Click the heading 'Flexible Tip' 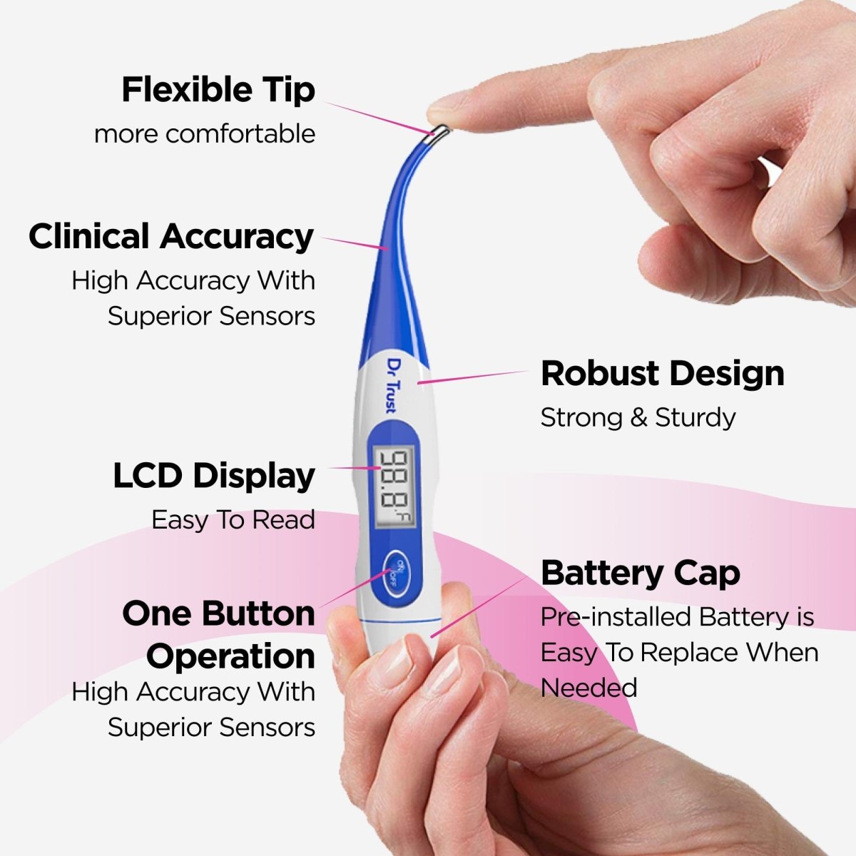tap(218, 91)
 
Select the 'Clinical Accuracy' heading tap(171, 237)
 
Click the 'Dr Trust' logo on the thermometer tap(392, 385)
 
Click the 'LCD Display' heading tap(214, 477)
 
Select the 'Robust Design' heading tap(662, 374)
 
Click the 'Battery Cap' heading tap(640, 574)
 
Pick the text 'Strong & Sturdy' tap(638, 417)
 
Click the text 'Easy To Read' tap(233, 520)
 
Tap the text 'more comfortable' tap(205, 134)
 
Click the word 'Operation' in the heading tap(230, 656)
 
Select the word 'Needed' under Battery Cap tap(588, 688)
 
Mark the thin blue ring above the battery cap tap(397, 622)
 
